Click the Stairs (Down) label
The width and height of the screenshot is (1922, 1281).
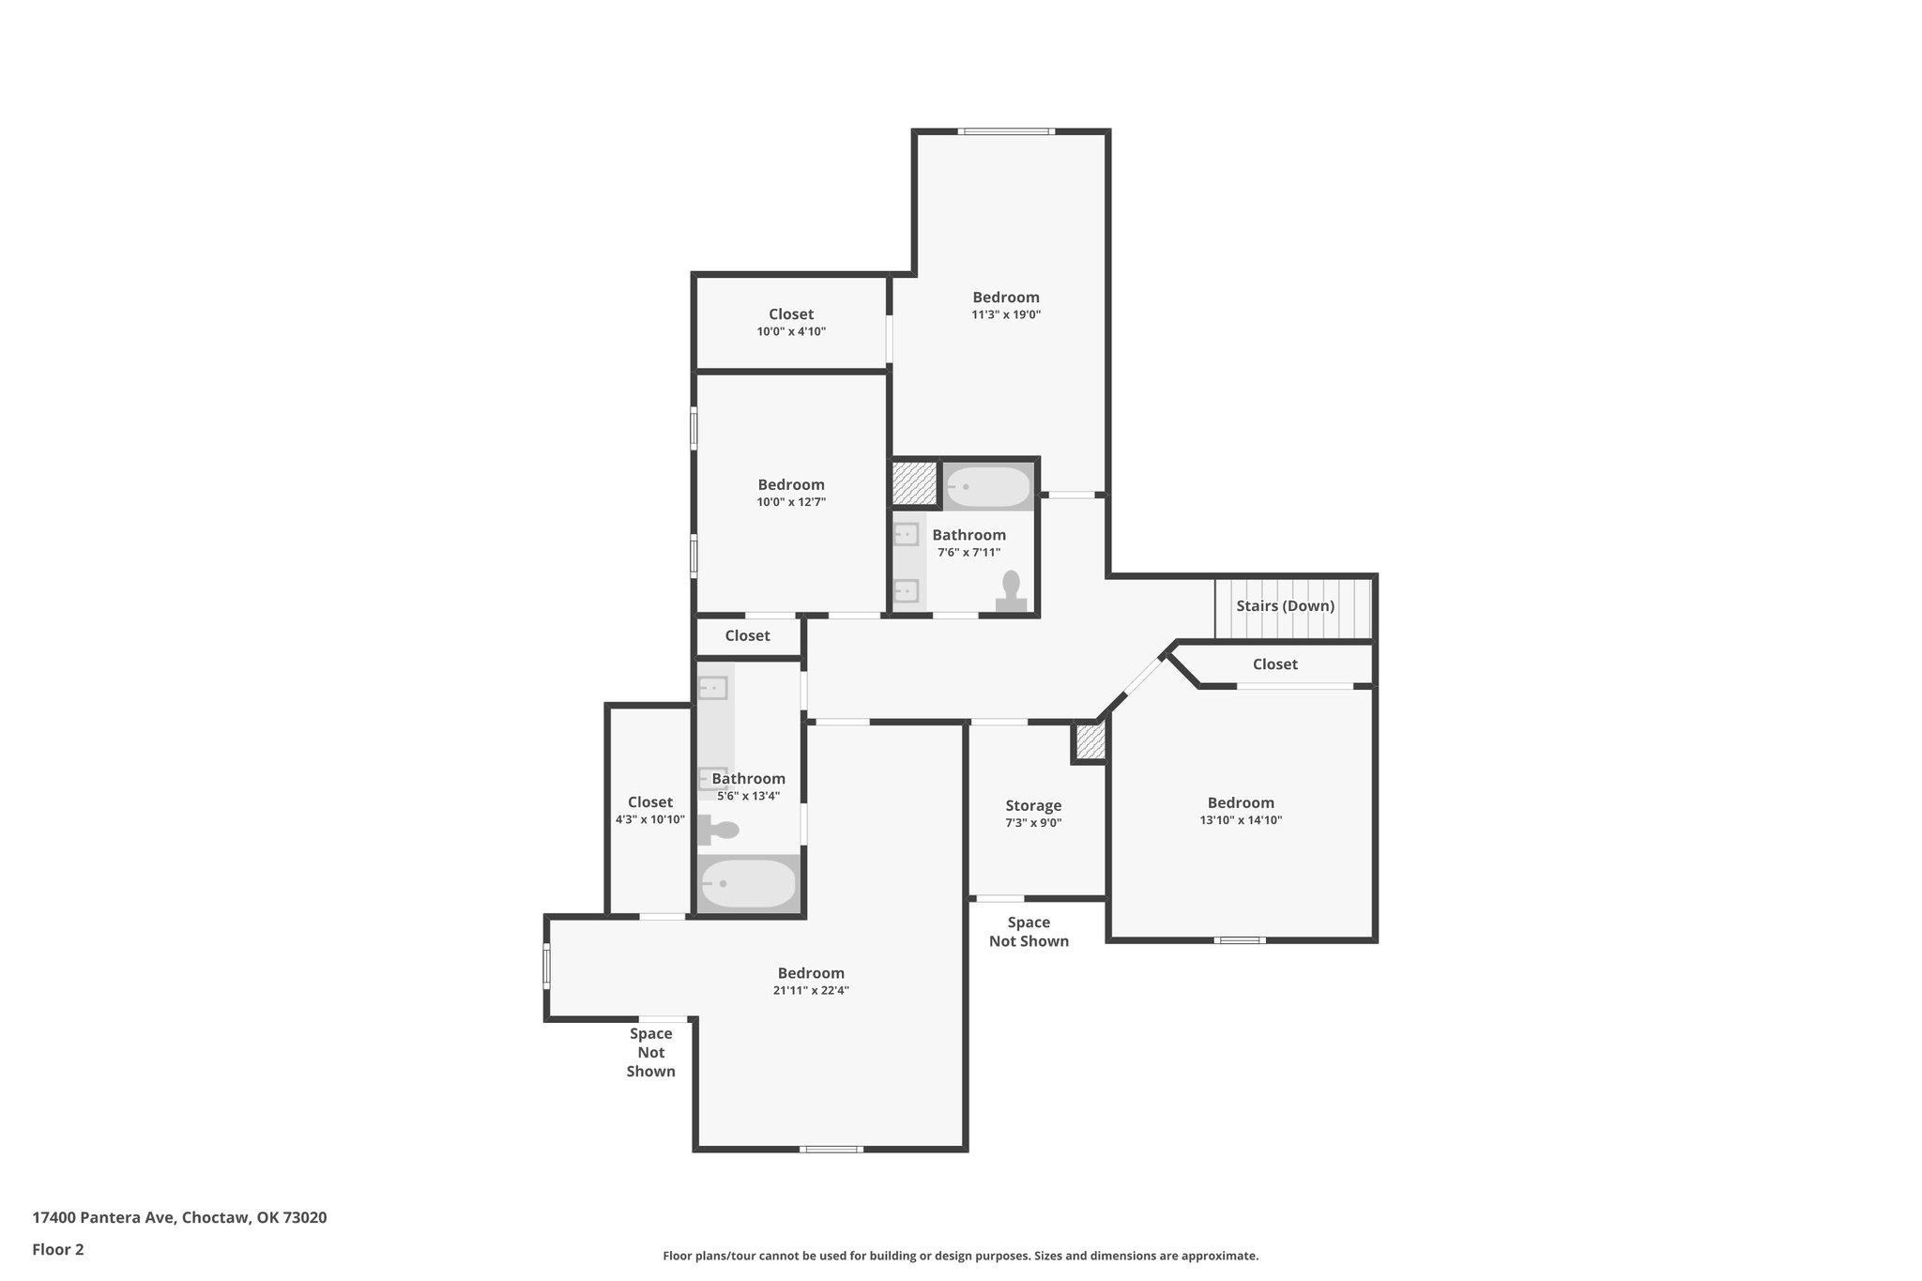1285,606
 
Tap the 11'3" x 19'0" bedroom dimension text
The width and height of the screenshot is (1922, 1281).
1006,315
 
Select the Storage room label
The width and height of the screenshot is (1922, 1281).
1033,805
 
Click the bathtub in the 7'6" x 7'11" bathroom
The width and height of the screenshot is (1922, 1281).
988,487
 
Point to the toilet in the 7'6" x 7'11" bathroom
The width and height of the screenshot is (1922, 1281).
1011,592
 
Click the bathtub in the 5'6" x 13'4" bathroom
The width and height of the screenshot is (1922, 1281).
749,883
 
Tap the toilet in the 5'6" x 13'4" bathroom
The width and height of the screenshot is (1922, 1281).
719,831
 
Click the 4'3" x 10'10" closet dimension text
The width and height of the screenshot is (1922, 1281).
650,819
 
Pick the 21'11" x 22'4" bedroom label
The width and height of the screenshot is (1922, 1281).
811,973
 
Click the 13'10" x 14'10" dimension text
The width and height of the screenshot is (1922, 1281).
1241,820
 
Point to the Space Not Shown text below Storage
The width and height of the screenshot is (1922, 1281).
1029,932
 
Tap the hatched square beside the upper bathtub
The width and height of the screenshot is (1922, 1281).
915,483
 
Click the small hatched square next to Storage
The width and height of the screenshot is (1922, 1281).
1090,741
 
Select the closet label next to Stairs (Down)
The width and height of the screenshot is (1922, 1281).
1274,664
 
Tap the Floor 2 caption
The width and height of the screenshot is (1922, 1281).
58,1249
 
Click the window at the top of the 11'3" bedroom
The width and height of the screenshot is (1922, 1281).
1006,131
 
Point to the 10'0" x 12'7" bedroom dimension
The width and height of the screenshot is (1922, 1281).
791,502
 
